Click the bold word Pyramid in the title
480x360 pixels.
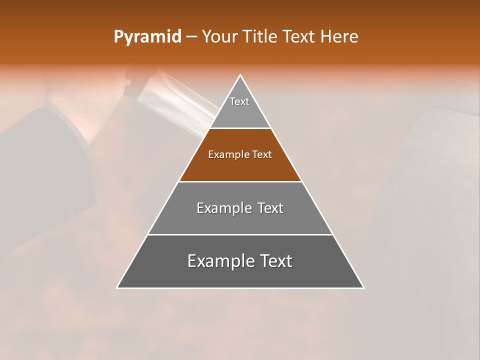pyautogui.click(x=147, y=36)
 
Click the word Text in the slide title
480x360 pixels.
pyautogui.click(x=299, y=36)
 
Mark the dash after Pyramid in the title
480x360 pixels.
pyautogui.click(x=191, y=37)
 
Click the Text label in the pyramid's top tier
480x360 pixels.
pyautogui.click(x=239, y=101)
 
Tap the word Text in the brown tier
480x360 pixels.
pyautogui.click(x=262, y=155)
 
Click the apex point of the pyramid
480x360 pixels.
pyautogui.click(x=240, y=75)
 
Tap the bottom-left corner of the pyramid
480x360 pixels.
pyautogui.click(x=117, y=287)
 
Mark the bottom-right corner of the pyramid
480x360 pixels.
pyautogui.click(x=363, y=287)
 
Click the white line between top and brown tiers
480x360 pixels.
pyautogui.click(x=240, y=128)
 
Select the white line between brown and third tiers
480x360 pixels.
pyautogui.click(x=240, y=181)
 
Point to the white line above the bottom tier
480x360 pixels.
pyautogui.click(x=240, y=234)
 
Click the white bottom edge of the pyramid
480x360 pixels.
pyautogui.click(x=240, y=288)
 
